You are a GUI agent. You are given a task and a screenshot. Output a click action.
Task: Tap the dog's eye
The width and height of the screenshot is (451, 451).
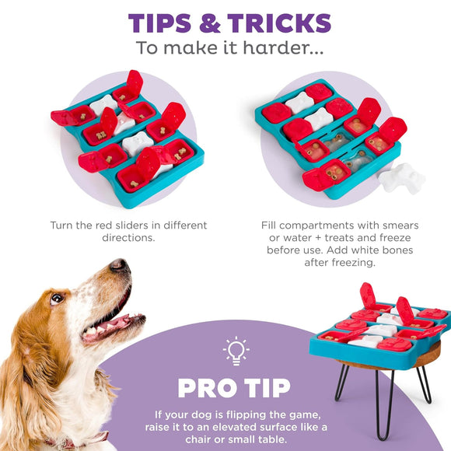[56, 298]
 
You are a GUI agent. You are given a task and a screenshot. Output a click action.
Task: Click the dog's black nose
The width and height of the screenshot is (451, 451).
[118, 266]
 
